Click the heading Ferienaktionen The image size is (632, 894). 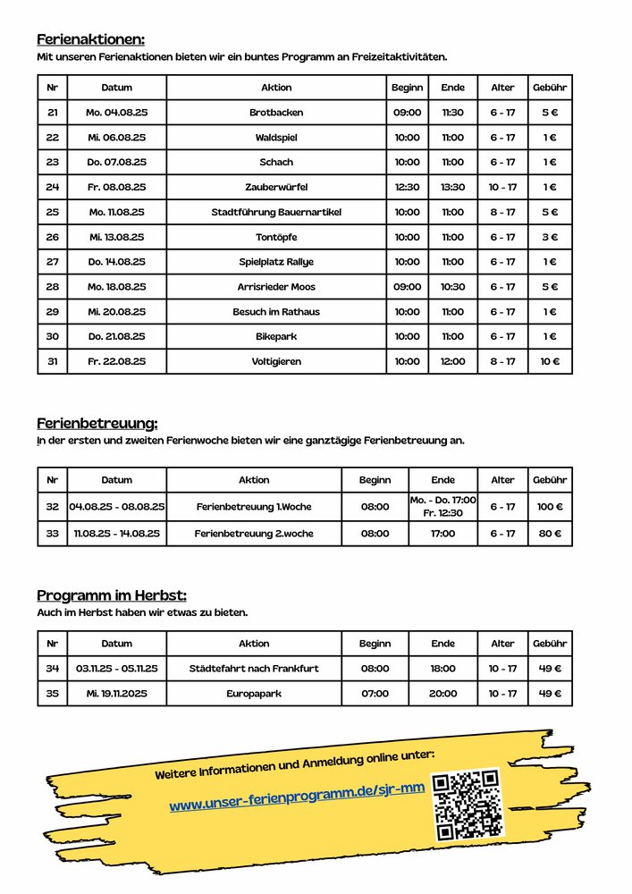point(90,39)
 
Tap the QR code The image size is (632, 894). point(466,805)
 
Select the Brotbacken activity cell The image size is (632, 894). point(276,113)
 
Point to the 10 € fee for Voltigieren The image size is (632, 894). point(550,361)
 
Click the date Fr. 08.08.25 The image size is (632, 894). point(116,188)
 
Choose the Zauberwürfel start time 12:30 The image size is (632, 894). point(407,188)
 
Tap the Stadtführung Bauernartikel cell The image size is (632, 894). point(276,213)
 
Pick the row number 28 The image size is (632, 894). point(52,287)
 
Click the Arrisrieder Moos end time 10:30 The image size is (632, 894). point(453,287)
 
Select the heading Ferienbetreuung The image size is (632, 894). point(97,423)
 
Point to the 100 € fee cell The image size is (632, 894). point(550,507)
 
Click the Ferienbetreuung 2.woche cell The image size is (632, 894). point(254,534)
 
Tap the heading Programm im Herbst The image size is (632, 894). point(112,595)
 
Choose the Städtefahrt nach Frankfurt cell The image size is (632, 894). point(254,669)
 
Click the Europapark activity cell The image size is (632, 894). point(254,694)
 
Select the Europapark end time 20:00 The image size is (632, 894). point(443,694)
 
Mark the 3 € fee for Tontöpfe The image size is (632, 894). point(550,238)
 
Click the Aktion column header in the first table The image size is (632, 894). point(276,88)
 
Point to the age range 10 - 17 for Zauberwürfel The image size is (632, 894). point(502,188)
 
